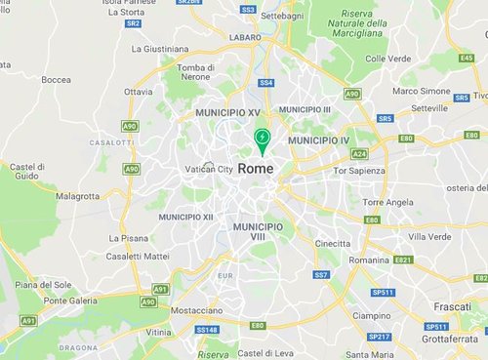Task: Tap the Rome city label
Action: pyautogui.click(x=256, y=169)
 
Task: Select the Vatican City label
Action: pyautogui.click(x=210, y=169)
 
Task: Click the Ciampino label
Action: pyautogui.click(x=372, y=316)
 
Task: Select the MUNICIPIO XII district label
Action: pyautogui.click(x=187, y=217)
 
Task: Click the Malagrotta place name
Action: pyautogui.click(x=78, y=195)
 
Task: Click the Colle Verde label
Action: pyautogui.click(x=387, y=59)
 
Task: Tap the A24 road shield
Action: pyautogui.click(x=359, y=153)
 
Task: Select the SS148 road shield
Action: pyautogui.click(x=207, y=330)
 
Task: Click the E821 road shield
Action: pyautogui.click(x=403, y=260)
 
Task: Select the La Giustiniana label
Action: pyautogui.click(x=159, y=48)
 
